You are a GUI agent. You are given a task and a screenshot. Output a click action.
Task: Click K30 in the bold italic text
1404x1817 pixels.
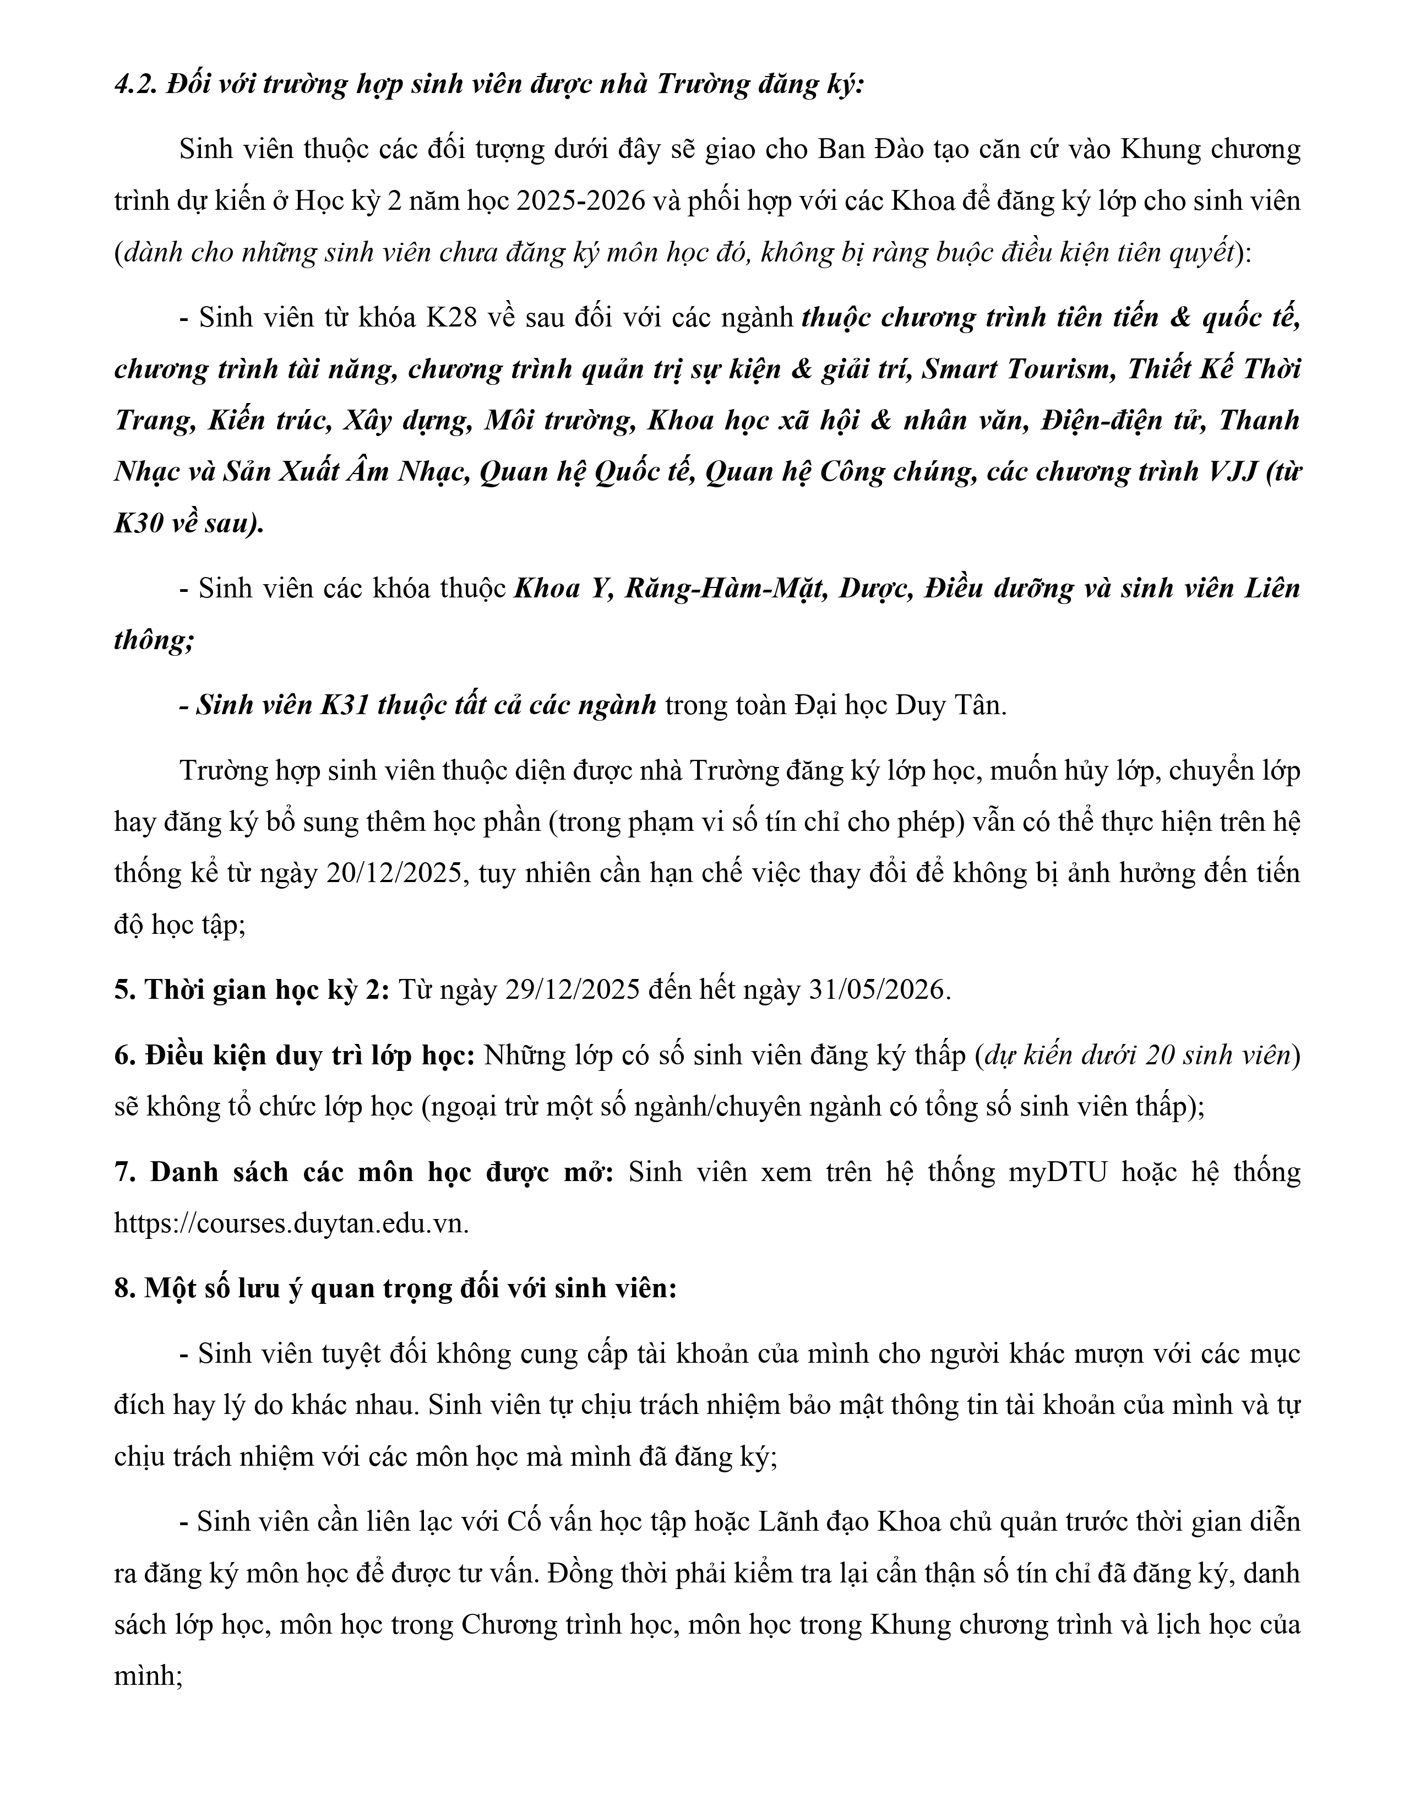[x=137, y=523]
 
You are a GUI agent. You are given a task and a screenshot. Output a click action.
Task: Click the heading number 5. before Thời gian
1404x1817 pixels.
[x=125, y=990]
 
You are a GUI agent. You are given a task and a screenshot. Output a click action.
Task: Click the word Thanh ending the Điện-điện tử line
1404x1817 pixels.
[x=1259, y=420]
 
